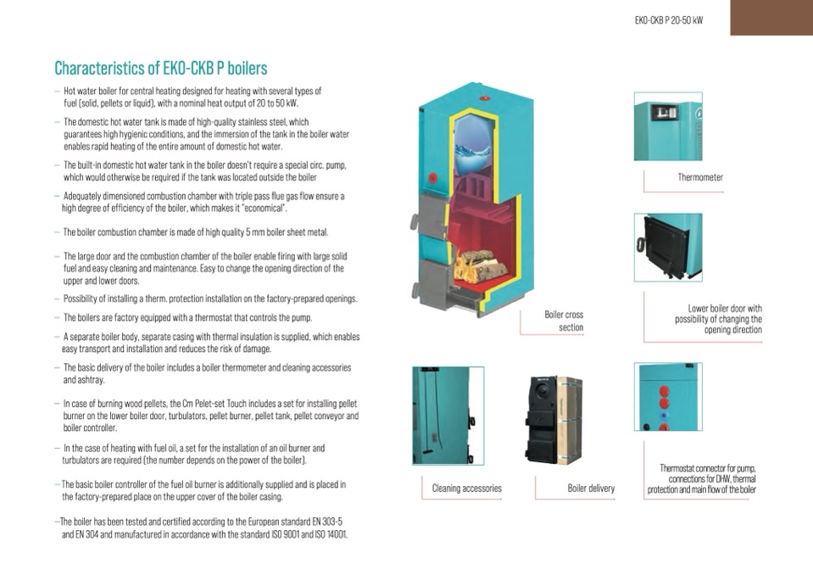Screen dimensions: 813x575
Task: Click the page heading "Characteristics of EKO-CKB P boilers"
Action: click(x=161, y=68)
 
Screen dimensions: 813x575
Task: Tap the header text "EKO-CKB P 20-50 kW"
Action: click(x=668, y=20)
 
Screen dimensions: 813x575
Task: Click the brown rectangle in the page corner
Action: click(x=771, y=18)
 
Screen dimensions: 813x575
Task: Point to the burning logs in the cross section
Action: click(x=480, y=265)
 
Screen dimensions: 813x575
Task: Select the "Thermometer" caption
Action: click(x=700, y=177)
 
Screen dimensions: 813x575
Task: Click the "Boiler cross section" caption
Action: click(x=564, y=321)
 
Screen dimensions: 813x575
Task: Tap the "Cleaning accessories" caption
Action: click(x=466, y=488)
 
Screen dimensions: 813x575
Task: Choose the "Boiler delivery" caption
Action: click(x=591, y=488)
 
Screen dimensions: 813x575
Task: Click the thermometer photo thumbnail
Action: click(x=668, y=126)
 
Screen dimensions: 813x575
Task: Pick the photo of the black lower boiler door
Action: click(x=668, y=248)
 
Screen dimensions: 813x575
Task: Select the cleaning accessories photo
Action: click(x=448, y=416)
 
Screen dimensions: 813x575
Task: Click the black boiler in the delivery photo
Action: click(x=543, y=419)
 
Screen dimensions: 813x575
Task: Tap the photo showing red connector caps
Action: click(x=668, y=397)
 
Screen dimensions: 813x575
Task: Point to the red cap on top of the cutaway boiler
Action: click(x=485, y=98)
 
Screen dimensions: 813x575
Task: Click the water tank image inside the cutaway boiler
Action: click(x=472, y=145)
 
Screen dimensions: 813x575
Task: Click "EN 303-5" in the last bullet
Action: click(x=326, y=522)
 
